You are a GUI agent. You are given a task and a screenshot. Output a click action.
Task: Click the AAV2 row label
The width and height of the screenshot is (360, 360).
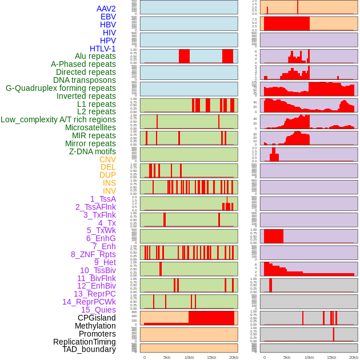[106, 9]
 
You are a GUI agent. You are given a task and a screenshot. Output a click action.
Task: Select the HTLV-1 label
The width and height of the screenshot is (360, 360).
[102, 49]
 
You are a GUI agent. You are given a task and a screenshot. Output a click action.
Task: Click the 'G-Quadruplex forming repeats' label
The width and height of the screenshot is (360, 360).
[61, 88]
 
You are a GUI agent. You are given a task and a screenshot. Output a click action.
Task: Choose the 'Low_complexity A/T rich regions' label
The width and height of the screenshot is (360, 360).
[58, 119]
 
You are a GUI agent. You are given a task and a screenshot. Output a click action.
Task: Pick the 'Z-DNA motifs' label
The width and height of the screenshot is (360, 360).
[92, 151]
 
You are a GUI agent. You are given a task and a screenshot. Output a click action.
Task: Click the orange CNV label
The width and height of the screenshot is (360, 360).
[107, 159]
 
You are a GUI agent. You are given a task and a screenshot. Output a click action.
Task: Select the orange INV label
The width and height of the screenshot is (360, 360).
[109, 191]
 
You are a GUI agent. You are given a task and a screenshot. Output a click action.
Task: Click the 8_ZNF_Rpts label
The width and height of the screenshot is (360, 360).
[93, 254]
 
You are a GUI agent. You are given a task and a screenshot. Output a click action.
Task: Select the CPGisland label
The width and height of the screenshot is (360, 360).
[97, 318]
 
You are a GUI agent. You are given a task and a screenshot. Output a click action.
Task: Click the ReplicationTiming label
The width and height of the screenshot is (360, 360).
[85, 342]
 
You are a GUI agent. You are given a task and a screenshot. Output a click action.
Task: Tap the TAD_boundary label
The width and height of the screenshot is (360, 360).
[89, 349]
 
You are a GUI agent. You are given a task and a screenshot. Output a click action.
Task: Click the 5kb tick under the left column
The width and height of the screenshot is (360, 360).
[167, 357]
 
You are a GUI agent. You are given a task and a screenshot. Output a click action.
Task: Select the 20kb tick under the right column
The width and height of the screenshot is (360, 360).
[354, 357]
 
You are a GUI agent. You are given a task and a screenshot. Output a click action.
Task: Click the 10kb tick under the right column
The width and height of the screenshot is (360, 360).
[309, 357]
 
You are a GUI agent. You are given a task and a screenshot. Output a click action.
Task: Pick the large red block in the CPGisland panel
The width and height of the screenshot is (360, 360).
[211, 318]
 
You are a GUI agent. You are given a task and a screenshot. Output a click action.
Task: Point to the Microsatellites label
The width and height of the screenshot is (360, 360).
[90, 127]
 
